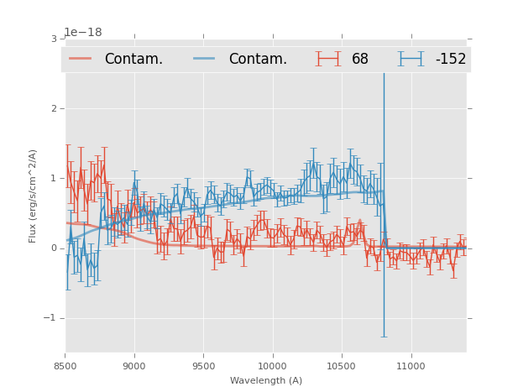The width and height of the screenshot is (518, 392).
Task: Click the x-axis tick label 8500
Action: click(65, 366)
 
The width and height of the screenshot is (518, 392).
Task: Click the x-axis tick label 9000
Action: click(134, 366)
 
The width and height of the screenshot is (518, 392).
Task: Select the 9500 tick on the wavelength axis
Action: click(203, 366)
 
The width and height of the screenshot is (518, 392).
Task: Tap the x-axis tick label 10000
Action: click(272, 366)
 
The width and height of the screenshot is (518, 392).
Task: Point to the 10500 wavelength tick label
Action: click(341, 366)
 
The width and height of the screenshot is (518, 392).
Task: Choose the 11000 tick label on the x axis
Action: click(411, 366)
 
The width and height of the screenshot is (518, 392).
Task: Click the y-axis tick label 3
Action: click(54, 39)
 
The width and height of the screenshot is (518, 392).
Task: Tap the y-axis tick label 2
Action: click(54, 109)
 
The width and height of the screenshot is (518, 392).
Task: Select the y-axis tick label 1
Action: click(54, 179)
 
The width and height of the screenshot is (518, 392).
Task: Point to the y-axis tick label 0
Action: click(54, 248)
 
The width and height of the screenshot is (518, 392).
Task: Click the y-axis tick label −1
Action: click(50, 318)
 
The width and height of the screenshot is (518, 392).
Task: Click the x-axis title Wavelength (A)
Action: click(266, 380)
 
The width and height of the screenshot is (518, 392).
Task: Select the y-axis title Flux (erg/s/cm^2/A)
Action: click(34, 196)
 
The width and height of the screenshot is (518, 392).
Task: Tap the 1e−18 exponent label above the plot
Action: click(83, 33)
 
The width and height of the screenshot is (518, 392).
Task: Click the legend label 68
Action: click(360, 60)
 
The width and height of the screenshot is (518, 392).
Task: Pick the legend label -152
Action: click(450, 60)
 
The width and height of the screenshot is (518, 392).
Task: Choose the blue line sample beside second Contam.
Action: click(205, 59)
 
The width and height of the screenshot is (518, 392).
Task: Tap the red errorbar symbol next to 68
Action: click(328, 59)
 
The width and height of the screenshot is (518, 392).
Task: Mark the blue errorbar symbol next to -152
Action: click(411, 59)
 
